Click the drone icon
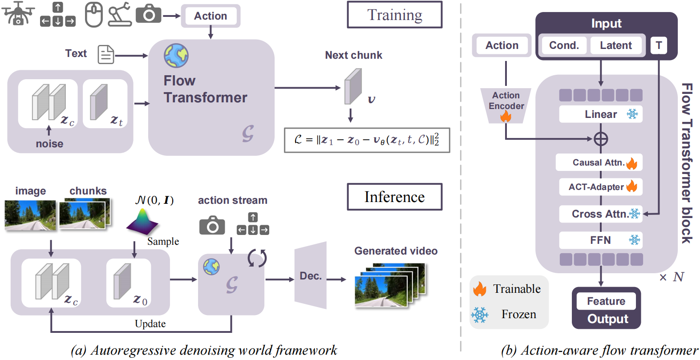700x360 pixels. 18,13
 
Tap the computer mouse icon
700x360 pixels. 93,15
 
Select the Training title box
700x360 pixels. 394,15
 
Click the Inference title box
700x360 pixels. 394,197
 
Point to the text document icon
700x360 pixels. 105,54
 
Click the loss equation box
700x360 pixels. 367,140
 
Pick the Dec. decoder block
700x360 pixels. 311,275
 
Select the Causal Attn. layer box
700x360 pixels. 599,162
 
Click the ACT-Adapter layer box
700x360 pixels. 599,187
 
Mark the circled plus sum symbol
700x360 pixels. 601,139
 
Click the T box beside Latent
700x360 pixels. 659,45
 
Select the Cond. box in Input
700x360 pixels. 564,45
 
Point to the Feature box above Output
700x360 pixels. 606,301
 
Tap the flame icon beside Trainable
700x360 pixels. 480,289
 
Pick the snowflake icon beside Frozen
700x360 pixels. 480,315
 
